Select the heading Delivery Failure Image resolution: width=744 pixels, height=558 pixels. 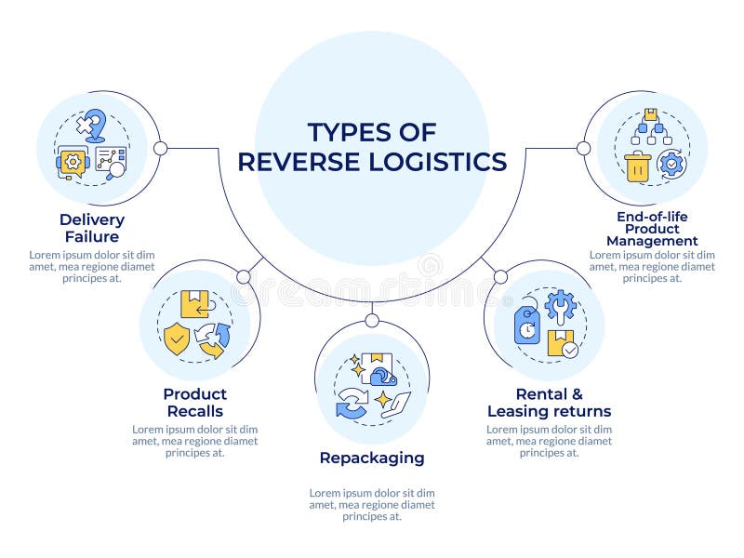[92, 228]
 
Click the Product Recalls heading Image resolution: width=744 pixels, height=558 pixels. [194, 403]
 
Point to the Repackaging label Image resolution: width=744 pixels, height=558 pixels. [371, 458]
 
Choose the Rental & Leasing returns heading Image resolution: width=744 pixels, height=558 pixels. [549, 403]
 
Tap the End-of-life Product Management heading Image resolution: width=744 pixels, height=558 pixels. [651, 229]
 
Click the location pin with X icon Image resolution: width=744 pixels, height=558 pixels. [90, 126]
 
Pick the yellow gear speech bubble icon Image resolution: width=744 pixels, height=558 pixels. [72, 161]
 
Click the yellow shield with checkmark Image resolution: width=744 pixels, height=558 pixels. [176, 339]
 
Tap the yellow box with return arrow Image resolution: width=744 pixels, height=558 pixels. [195, 304]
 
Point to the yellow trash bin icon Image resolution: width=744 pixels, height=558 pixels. [637, 166]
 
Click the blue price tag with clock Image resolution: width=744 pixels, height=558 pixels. [527, 325]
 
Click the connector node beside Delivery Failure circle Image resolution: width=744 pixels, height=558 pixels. [160, 148]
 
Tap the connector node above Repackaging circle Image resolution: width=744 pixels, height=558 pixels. [371, 321]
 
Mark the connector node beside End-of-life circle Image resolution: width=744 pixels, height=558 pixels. [583, 148]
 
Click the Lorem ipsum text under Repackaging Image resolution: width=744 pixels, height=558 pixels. [371, 504]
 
